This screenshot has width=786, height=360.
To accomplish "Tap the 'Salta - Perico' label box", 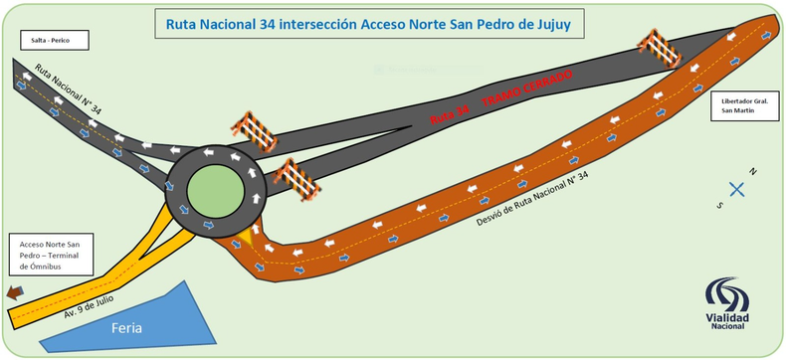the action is tap(52, 41).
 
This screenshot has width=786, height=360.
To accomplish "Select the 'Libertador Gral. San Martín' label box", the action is tap(742, 105).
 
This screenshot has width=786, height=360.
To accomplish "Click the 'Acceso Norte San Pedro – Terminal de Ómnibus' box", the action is tap(51, 255).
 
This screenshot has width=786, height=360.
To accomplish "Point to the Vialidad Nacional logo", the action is tap(730, 303).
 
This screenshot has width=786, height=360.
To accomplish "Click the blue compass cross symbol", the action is tap(737, 189).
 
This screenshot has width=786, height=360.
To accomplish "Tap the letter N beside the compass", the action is tap(754, 173).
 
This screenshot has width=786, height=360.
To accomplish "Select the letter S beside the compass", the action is tap(719, 204).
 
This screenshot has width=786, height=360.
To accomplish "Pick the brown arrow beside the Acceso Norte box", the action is tap(15, 292).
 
